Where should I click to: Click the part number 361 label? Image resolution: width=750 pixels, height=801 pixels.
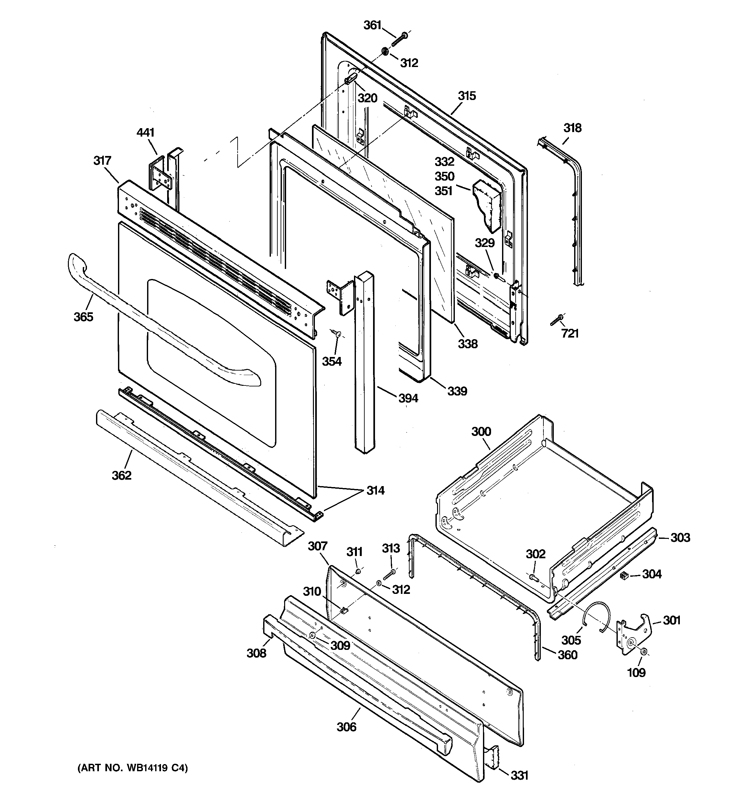tap(372, 25)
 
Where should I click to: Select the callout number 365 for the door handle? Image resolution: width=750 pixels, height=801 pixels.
tap(83, 317)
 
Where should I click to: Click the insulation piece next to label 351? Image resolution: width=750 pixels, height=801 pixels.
tap(488, 205)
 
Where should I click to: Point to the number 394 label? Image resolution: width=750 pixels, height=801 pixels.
tap(408, 398)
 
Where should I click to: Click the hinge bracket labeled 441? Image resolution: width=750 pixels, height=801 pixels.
tap(161, 176)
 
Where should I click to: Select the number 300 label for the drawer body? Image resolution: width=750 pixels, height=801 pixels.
tap(481, 431)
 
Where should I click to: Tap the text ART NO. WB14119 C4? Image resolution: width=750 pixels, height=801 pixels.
tap(133, 768)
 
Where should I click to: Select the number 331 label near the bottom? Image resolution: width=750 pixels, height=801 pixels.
tap(519, 775)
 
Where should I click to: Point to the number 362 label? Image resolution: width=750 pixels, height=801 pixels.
tap(122, 475)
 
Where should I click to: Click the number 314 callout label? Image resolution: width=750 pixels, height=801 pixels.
tap(375, 490)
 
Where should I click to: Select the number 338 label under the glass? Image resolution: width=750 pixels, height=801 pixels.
tap(467, 344)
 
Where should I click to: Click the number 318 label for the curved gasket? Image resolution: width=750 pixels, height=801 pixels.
tap(572, 128)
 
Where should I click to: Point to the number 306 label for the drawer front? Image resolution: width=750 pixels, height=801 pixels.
tap(347, 727)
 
